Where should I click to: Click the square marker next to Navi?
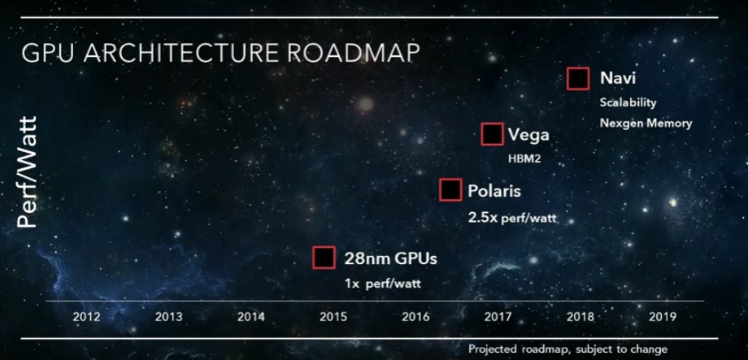point(578,79)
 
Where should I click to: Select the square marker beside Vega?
point(493,134)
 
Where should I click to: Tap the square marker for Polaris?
point(450,190)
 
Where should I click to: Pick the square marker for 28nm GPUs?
point(324,258)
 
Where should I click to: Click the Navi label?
point(618,78)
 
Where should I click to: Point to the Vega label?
point(528,135)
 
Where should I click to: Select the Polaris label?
point(494,191)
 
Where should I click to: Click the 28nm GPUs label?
point(391,258)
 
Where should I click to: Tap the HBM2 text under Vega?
point(524,158)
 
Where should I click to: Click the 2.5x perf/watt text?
point(512,219)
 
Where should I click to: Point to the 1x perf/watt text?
point(383,284)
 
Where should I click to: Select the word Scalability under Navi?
point(628,103)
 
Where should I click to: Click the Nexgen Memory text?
point(646,123)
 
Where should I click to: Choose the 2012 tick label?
point(86,317)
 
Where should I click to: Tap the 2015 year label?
point(333,317)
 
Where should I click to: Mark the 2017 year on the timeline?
point(498,317)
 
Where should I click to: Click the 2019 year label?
point(662,317)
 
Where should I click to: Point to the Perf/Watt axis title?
point(27,172)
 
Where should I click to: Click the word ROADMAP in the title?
point(354,53)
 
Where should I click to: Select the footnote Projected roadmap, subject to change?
point(568,349)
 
